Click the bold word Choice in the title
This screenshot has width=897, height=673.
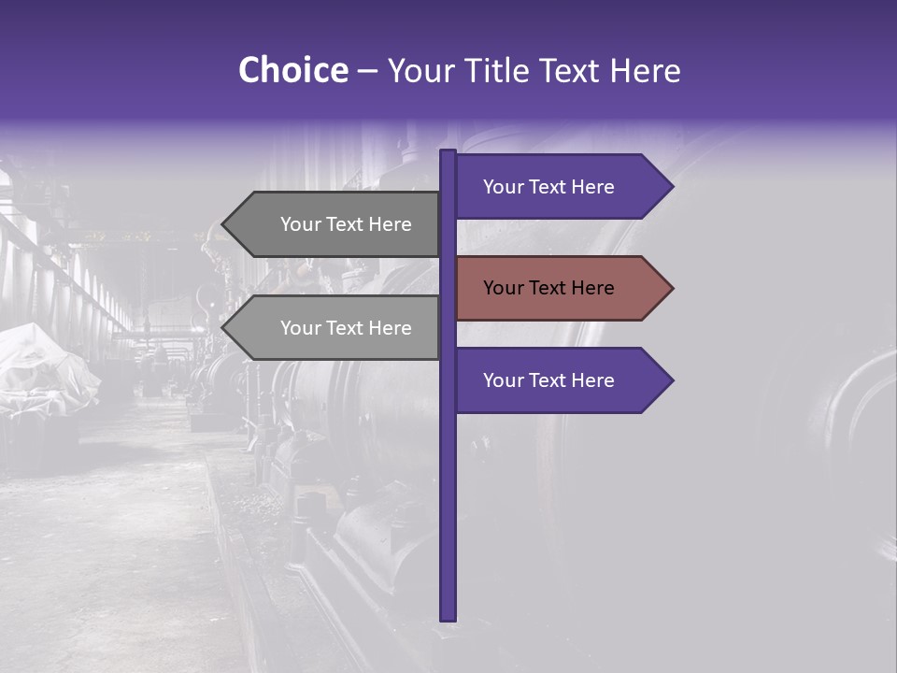click(292, 70)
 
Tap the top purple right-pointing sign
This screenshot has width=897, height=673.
click(561, 187)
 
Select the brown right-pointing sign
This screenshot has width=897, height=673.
click(561, 288)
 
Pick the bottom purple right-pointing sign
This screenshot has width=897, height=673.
click(561, 380)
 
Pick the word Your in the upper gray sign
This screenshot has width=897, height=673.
click(299, 224)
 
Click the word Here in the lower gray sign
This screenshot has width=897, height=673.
click(390, 328)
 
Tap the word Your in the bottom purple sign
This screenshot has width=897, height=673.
click(502, 380)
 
